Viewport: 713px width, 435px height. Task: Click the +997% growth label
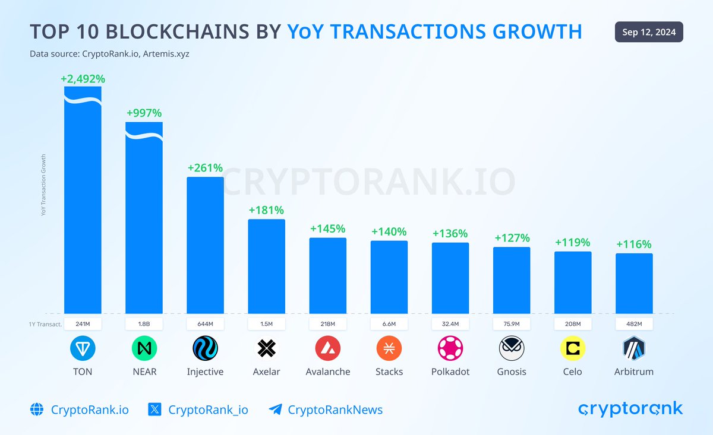point(144,113)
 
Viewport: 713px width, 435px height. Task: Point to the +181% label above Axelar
point(266,210)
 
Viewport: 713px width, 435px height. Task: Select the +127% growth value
point(512,238)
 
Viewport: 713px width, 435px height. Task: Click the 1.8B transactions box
point(144,324)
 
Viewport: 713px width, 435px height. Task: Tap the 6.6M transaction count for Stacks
point(389,324)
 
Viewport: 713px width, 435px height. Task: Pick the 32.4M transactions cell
point(450,324)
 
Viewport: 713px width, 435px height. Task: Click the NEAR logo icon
point(144,348)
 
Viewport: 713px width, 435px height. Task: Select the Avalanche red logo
point(328,348)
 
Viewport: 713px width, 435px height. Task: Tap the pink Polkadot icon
point(450,348)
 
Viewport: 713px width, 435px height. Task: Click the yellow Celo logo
point(573,348)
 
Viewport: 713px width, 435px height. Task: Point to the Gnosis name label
point(512,372)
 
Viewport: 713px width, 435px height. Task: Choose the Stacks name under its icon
point(389,372)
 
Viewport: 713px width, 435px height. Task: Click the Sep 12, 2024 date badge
point(649,32)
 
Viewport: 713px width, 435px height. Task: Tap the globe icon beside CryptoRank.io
point(37,409)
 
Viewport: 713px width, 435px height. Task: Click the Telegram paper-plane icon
point(275,409)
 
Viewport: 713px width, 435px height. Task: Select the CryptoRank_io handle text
point(208,409)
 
